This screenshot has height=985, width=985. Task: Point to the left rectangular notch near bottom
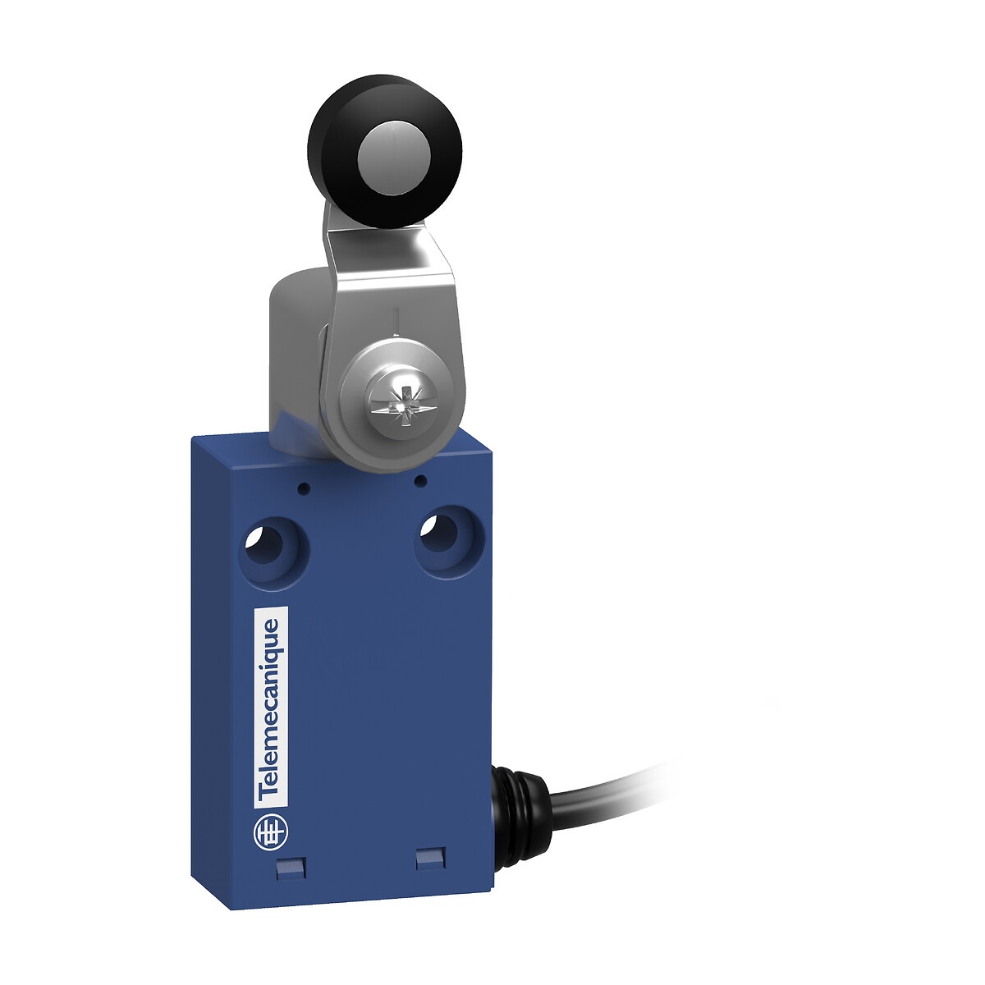click(x=287, y=882)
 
